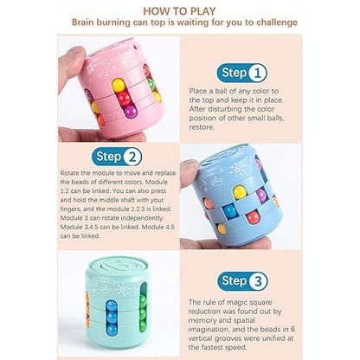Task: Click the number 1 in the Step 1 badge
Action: pyautogui.click(x=257, y=74)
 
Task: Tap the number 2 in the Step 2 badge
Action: pyautogui.click(x=132, y=157)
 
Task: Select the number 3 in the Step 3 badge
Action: pyautogui.click(x=258, y=281)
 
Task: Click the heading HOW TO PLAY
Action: pyautogui.click(x=179, y=11)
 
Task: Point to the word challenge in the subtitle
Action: pyautogui.click(x=277, y=22)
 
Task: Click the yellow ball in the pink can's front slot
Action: pyautogui.click(x=119, y=86)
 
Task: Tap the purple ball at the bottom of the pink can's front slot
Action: pyautogui.click(x=130, y=111)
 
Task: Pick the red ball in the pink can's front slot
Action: pyautogui.click(x=125, y=99)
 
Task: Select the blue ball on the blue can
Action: pyautogui.click(x=230, y=211)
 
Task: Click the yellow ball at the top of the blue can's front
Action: pyautogui.click(x=240, y=192)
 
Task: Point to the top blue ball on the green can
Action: pyautogui.click(x=111, y=306)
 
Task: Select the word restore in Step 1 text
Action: pyautogui.click(x=202, y=127)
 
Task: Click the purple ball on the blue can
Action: pyautogui.click(x=262, y=196)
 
